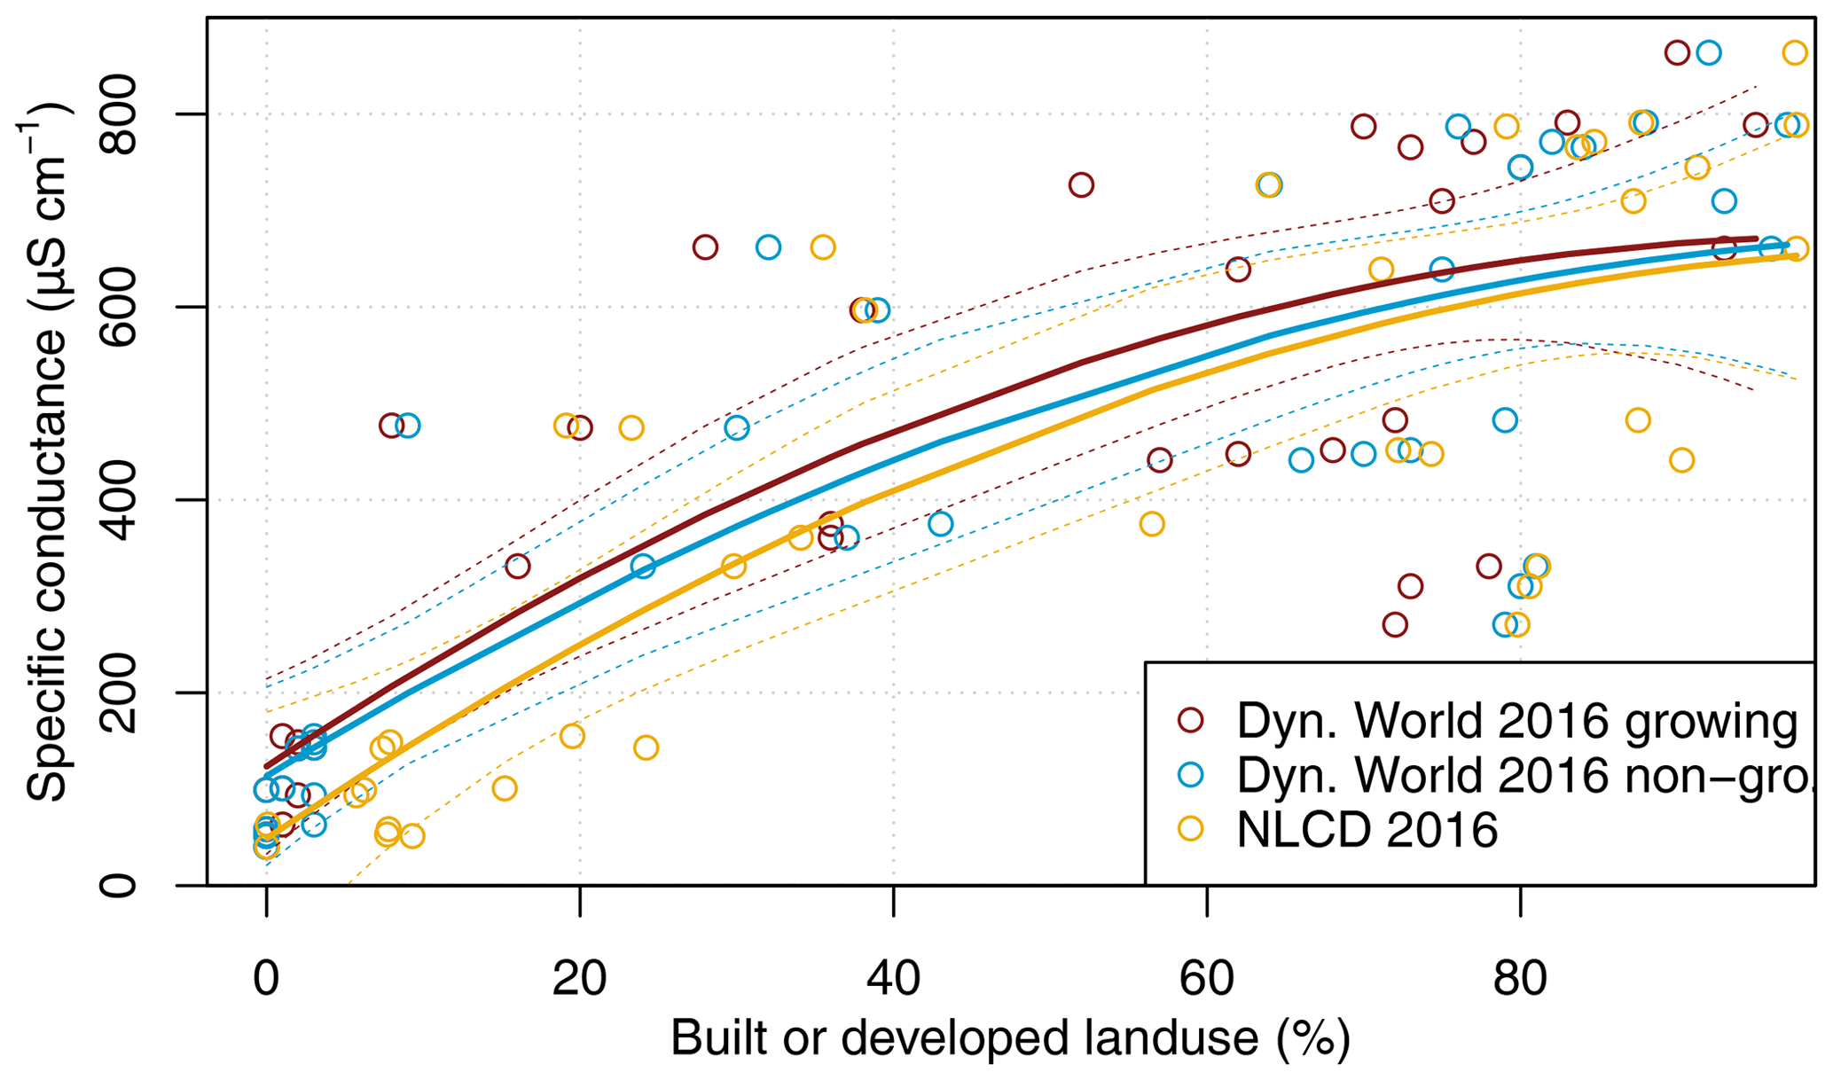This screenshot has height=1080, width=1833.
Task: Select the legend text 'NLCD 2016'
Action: tap(1367, 830)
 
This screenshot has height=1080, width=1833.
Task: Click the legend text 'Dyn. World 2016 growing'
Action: tap(1517, 720)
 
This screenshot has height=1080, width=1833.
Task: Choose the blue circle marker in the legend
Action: tap(1190, 775)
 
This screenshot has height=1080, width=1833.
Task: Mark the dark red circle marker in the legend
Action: tap(1190, 720)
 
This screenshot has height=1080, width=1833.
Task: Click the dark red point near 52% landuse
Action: tap(1080, 185)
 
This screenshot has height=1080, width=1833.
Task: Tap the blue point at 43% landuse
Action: tap(940, 524)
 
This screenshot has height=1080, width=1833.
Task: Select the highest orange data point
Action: tap(1794, 53)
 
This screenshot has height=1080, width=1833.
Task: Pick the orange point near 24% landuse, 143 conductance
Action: tap(646, 747)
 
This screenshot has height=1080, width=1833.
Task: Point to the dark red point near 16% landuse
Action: tap(517, 566)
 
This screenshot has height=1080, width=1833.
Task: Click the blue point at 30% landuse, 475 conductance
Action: tap(736, 428)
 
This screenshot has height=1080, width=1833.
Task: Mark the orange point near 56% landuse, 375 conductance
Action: tap(1151, 524)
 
